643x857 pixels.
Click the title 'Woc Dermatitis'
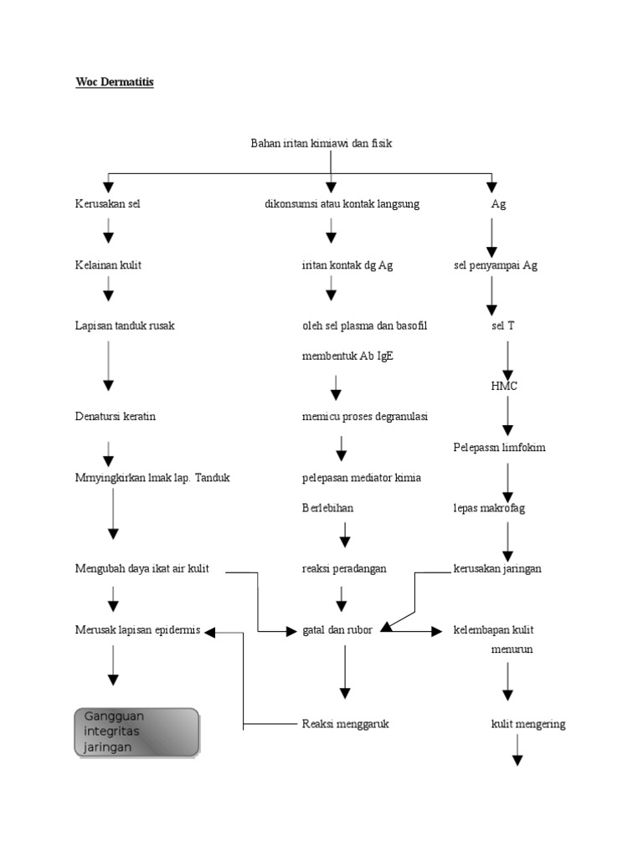pyautogui.click(x=111, y=83)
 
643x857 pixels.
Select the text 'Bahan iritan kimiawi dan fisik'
pyautogui.click(x=321, y=143)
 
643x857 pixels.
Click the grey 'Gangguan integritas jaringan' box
pyautogui.click(x=137, y=731)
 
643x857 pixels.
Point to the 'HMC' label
pyautogui.click(x=504, y=386)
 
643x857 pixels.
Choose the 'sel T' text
pyautogui.click(x=503, y=326)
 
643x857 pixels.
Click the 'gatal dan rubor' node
pyautogui.click(x=337, y=629)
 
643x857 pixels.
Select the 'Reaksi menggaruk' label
pyautogui.click(x=345, y=724)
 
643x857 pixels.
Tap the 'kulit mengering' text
pyautogui.click(x=527, y=724)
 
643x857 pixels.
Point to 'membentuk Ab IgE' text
pyautogui.click(x=347, y=356)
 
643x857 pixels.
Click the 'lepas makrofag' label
pyautogui.click(x=488, y=508)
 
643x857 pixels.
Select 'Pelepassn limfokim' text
pyautogui.click(x=499, y=447)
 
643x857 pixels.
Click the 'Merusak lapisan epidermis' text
pyautogui.click(x=137, y=629)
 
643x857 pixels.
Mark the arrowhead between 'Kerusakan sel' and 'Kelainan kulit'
pyautogui.click(x=108, y=237)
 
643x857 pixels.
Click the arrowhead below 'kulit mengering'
pyautogui.click(x=517, y=760)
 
